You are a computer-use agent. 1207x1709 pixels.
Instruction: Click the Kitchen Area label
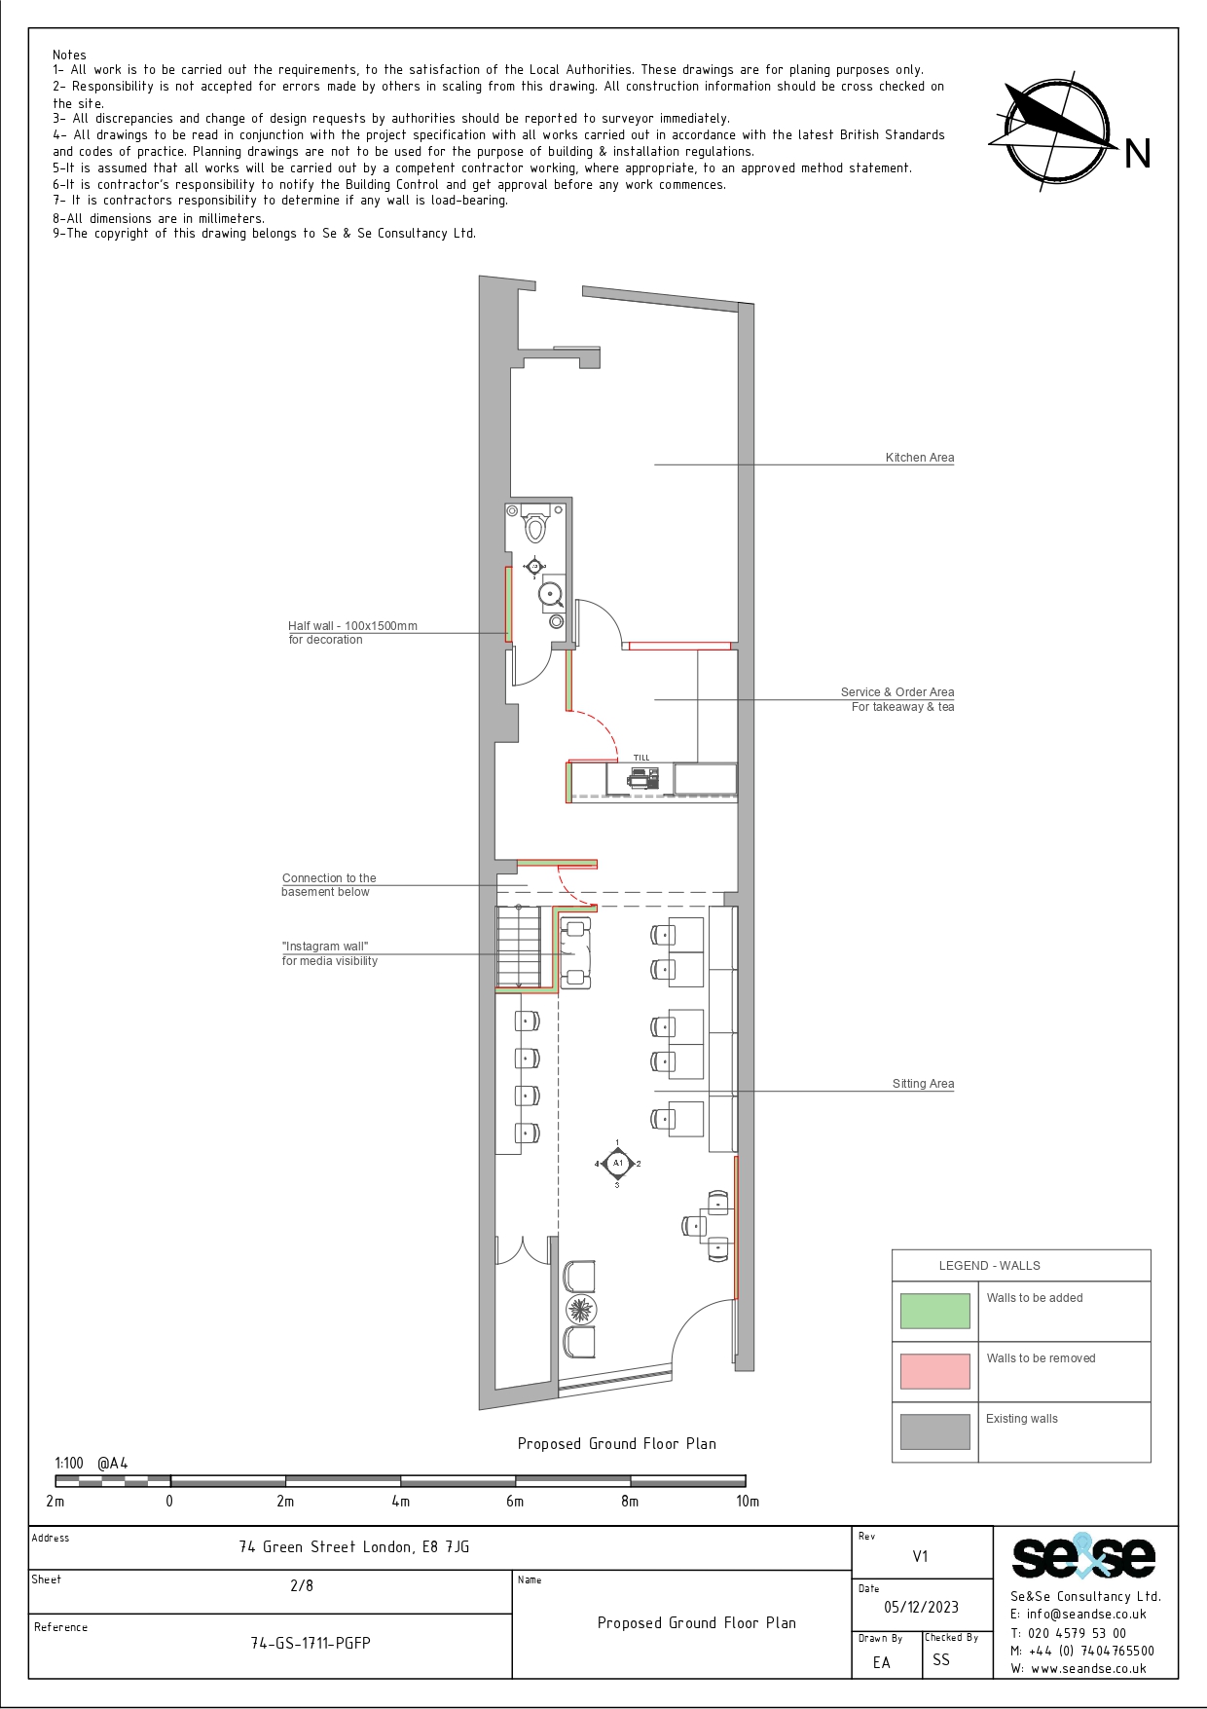[x=920, y=458]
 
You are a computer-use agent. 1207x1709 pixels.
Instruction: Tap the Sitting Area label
[x=923, y=1084]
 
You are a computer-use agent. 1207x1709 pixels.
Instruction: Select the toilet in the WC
[x=534, y=525]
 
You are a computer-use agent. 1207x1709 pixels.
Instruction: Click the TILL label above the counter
[x=641, y=758]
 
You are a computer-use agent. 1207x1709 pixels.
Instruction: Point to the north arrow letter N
[x=1137, y=154]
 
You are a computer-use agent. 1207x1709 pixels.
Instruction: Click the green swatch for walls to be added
[x=934, y=1311]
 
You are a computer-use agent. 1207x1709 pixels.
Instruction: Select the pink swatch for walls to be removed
[x=934, y=1371]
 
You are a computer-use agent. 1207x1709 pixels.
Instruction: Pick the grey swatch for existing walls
[x=934, y=1431]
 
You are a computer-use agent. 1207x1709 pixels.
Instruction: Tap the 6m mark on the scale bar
[x=515, y=1501]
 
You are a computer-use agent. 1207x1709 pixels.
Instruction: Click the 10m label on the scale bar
[x=748, y=1501]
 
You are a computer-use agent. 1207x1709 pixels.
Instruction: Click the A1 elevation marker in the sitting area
[x=617, y=1163]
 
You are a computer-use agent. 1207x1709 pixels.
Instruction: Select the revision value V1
[x=920, y=1556]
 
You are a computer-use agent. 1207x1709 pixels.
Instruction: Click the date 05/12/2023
[x=921, y=1607]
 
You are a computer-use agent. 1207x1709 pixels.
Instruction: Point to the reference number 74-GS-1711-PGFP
[x=311, y=1643]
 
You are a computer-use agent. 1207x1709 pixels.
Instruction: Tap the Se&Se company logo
[x=1083, y=1557]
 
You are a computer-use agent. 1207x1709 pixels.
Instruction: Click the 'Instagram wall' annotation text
[x=325, y=947]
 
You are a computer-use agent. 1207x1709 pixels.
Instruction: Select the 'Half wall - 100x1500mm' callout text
[x=352, y=626]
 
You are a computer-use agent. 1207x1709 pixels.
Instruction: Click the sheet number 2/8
[x=302, y=1585]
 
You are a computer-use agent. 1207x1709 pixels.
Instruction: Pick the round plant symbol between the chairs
[x=580, y=1309]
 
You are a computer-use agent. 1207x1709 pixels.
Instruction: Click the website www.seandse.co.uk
[x=1088, y=1668]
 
